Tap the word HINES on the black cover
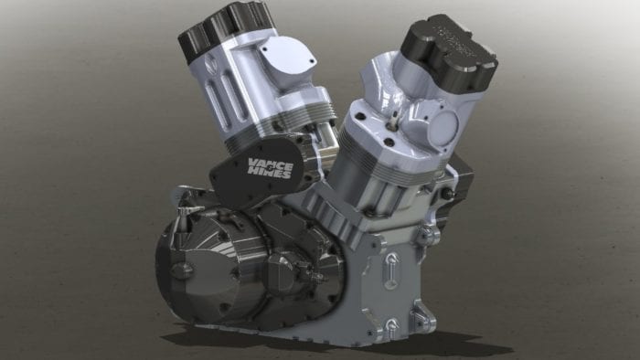271,174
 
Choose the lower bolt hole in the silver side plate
390,325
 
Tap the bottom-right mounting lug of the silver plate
423,319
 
